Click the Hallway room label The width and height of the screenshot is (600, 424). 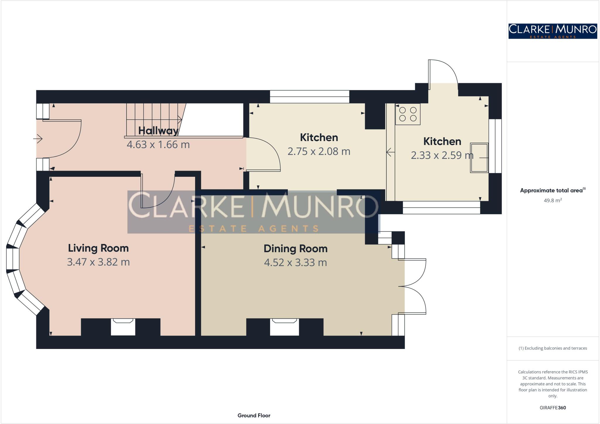tap(158, 131)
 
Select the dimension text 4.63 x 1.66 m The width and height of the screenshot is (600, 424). tap(158, 145)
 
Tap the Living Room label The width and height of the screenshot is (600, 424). tap(98, 248)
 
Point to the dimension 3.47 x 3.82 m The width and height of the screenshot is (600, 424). tap(98, 262)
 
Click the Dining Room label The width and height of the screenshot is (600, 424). tap(295, 249)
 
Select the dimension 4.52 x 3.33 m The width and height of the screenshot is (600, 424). tap(295, 262)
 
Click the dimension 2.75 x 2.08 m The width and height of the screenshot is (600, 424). tap(319, 151)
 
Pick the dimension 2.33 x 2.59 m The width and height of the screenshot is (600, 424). tap(442, 155)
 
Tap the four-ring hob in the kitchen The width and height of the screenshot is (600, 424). tap(408, 114)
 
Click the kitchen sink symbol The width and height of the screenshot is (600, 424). tap(479, 158)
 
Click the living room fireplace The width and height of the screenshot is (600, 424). tap(123, 327)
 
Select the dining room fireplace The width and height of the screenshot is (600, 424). tap(284, 327)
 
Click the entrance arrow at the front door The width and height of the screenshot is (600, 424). tap(38, 138)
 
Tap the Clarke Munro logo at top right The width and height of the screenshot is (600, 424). tap(553, 31)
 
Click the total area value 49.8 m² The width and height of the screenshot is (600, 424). tap(553, 201)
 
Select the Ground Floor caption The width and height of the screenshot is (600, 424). tap(254, 415)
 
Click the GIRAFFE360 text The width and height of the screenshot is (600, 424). tap(553, 408)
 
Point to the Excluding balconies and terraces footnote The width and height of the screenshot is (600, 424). tap(553, 348)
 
